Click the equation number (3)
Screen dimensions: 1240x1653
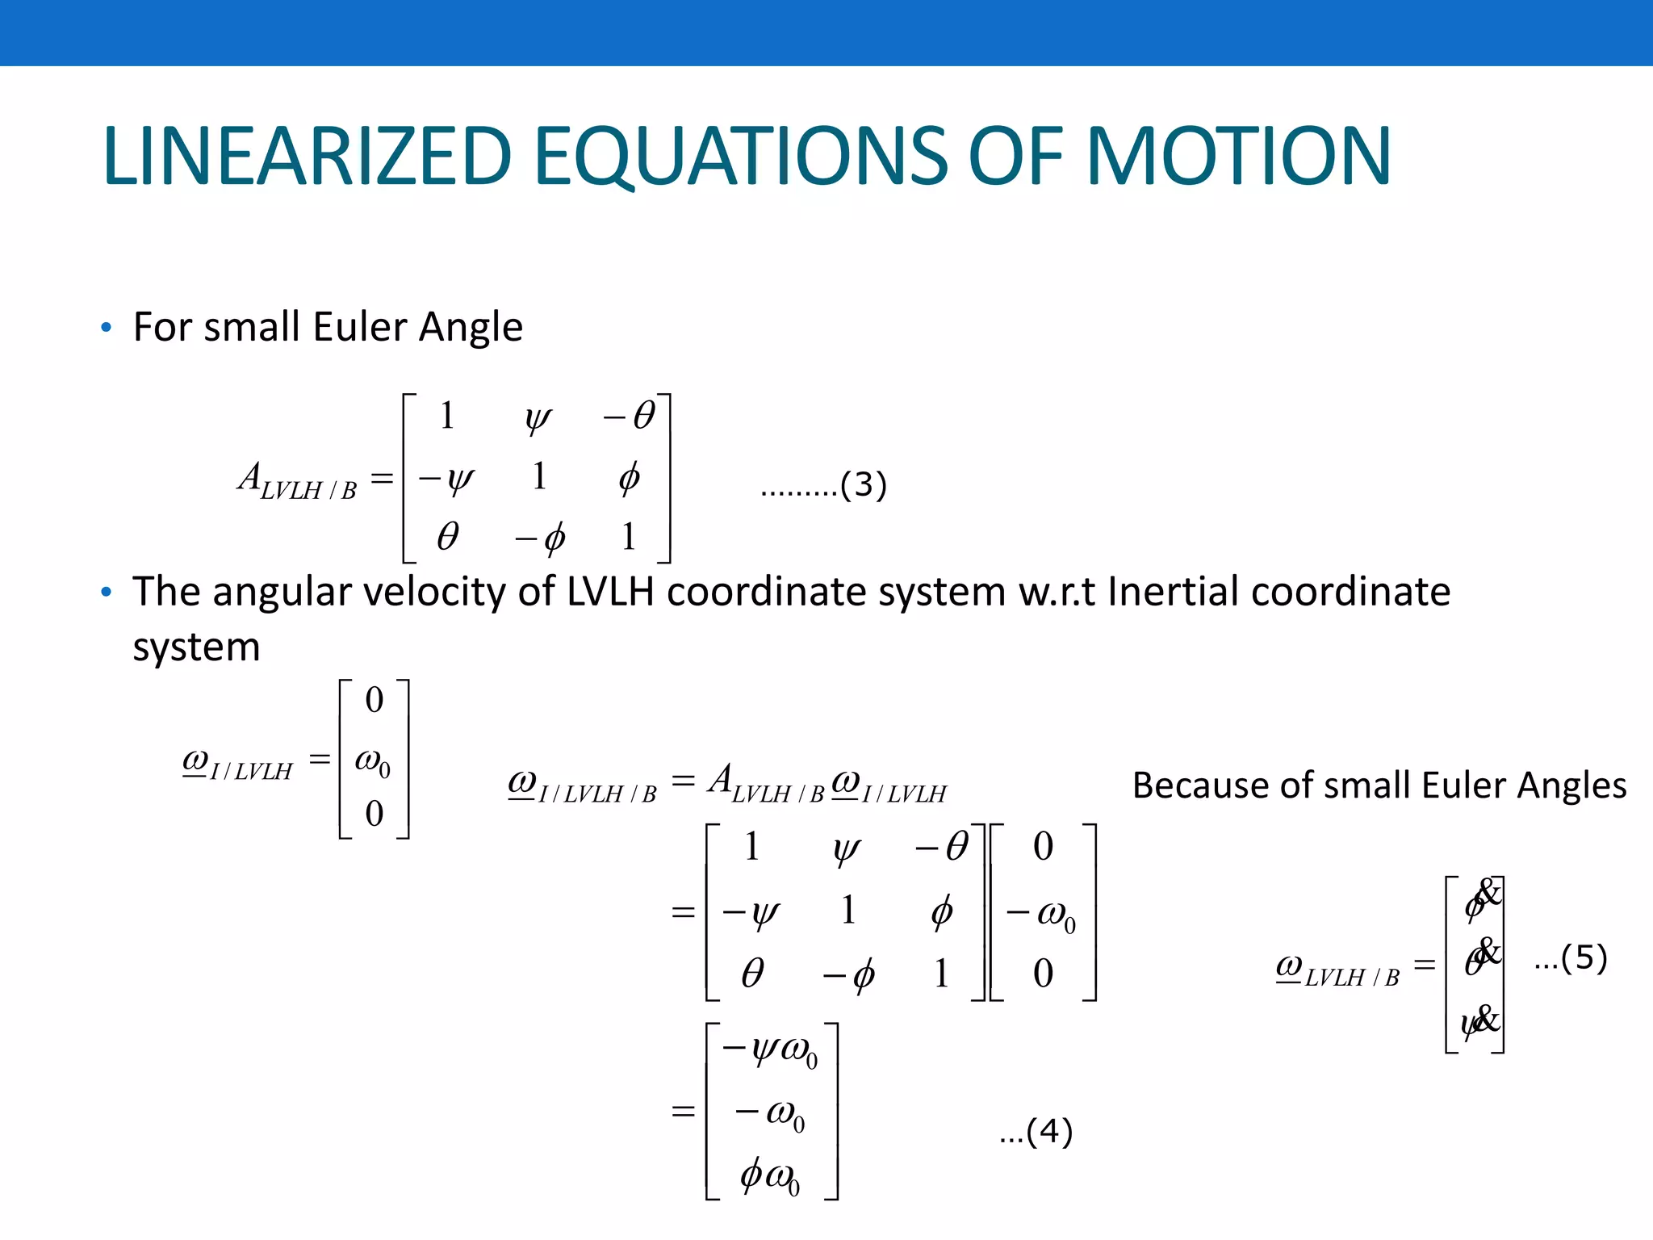click(863, 484)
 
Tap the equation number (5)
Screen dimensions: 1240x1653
click(1584, 958)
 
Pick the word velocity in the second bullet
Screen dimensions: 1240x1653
click(433, 592)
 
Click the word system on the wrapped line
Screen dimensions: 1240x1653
click(196, 647)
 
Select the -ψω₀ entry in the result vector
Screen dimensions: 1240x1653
click(771, 1051)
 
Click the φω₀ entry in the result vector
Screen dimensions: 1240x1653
click(770, 1176)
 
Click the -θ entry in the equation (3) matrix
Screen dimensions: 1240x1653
click(630, 417)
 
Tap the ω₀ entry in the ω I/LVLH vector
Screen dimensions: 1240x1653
click(373, 760)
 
